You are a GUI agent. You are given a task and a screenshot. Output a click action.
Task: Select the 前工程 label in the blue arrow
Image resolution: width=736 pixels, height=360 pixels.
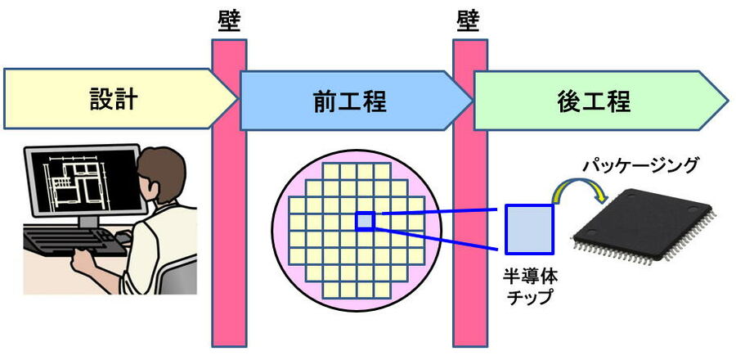349,101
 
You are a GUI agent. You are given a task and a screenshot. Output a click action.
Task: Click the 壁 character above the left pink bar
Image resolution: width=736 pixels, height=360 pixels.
227,18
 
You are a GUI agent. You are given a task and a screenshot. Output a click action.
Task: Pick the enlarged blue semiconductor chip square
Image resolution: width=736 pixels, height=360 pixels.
529,228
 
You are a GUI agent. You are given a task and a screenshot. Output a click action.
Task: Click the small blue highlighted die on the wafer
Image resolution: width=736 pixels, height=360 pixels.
365,220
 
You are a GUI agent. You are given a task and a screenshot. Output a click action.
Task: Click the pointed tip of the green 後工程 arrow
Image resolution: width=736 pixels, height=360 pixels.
726,101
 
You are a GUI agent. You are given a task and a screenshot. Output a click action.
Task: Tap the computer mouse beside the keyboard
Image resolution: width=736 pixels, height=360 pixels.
123,236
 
